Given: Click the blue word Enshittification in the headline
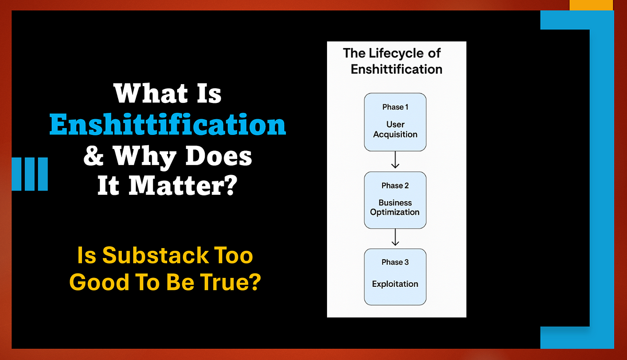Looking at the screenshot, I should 168,126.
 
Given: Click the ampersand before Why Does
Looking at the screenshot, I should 94,157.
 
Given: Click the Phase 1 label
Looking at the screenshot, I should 396,107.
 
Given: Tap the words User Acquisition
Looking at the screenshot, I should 395,130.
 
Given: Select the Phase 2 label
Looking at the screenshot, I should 395,185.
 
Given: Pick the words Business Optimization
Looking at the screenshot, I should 395,207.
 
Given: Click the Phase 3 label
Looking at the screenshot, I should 395,262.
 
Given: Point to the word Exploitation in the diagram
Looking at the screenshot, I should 395,284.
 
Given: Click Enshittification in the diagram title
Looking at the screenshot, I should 397,69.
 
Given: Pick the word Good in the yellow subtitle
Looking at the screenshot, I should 92,282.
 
